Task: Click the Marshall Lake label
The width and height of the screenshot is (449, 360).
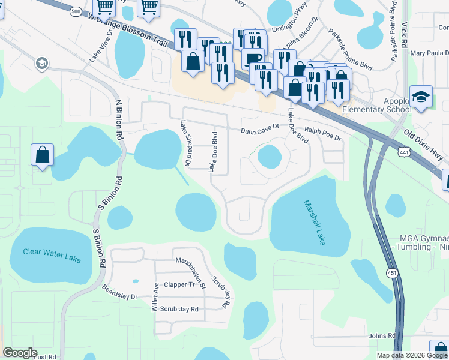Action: (x=314, y=222)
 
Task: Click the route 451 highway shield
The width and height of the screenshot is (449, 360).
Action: (x=391, y=272)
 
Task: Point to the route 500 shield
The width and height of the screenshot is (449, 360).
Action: (x=76, y=11)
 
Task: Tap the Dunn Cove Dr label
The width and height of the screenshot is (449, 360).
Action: (x=260, y=129)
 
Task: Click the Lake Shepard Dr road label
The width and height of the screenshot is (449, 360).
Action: (x=185, y=143)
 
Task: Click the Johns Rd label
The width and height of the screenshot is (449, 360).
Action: (x=383, y=336)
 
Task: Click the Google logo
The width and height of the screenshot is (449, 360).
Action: (x=20, y=353)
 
